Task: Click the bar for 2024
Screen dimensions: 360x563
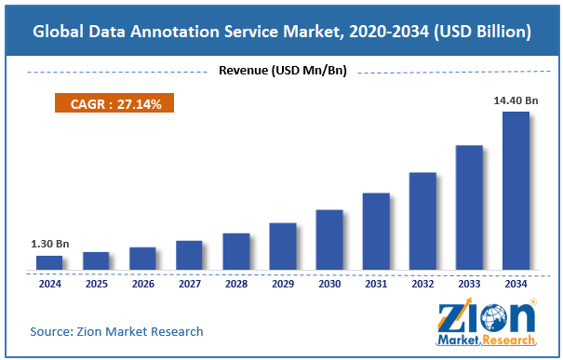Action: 49,262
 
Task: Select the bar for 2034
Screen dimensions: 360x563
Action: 516,191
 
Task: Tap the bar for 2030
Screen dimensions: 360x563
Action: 329,239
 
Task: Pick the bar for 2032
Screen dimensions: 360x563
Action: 422,220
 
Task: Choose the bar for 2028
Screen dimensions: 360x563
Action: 236,251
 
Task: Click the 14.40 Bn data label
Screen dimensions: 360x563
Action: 516,101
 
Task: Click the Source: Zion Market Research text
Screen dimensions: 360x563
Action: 116,331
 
